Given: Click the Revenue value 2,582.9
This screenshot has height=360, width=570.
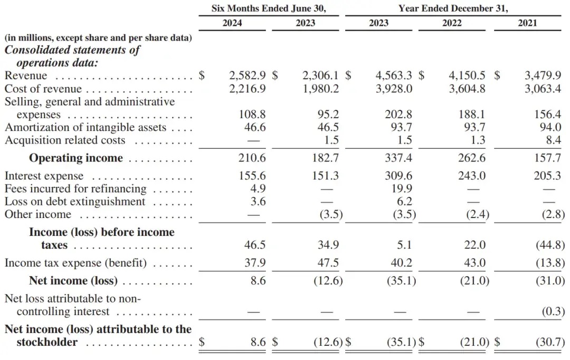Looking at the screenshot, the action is pos(247,75).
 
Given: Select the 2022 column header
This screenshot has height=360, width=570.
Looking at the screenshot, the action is pos(452,23).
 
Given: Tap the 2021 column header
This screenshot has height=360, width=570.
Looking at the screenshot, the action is pos(527,23).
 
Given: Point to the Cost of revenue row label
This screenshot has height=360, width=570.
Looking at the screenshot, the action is pos(43,89).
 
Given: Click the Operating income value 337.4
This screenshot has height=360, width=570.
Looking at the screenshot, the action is pos(398,158).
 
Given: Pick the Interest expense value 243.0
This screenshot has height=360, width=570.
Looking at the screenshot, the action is pos(472,176).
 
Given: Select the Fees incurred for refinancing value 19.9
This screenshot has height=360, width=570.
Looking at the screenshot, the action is pos(402,188).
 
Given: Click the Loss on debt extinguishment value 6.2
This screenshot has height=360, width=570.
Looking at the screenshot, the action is pos(405,201).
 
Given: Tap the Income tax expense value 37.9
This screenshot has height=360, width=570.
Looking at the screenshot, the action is pos(255,262).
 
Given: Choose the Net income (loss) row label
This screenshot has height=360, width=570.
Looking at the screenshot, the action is pos(73,281).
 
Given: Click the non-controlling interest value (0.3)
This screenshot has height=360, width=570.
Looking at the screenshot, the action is pos(553,311).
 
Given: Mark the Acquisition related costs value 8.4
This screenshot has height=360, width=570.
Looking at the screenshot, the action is pos(554,140).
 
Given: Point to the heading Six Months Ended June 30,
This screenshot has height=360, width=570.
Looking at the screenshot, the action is pos(269,8).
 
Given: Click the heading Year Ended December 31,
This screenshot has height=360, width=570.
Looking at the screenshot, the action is pos(453,8).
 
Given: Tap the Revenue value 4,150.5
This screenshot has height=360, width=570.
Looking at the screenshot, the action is pos(467,75).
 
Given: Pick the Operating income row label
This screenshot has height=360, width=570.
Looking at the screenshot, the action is pos(76,158).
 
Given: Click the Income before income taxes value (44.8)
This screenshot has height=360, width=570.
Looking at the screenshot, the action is pos(550,245).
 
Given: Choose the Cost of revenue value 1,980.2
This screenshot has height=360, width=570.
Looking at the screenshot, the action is pos(321,89).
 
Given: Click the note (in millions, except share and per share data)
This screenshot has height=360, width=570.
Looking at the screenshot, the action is pos(98,38).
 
